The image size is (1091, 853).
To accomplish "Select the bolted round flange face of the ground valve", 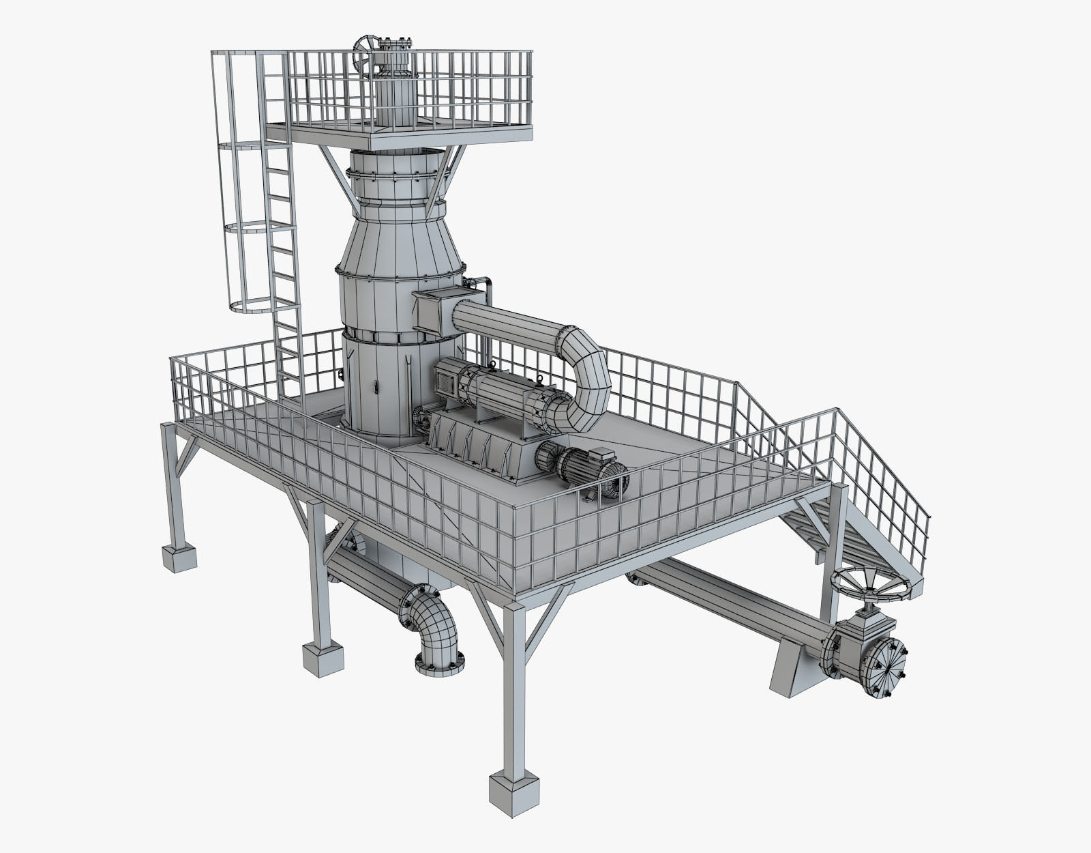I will click(x=884, y=668).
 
